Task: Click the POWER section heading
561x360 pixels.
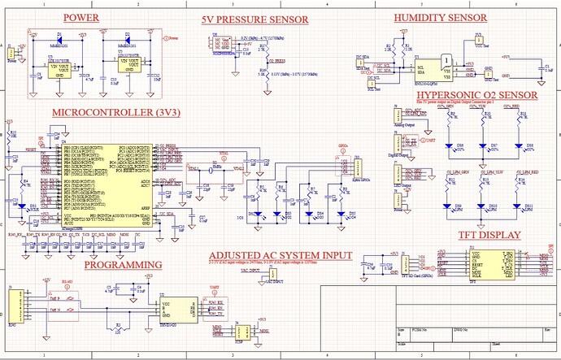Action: point(81,18)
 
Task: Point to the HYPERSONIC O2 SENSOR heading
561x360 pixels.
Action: point(476,96)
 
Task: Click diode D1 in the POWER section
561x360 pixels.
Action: point(58,37)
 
